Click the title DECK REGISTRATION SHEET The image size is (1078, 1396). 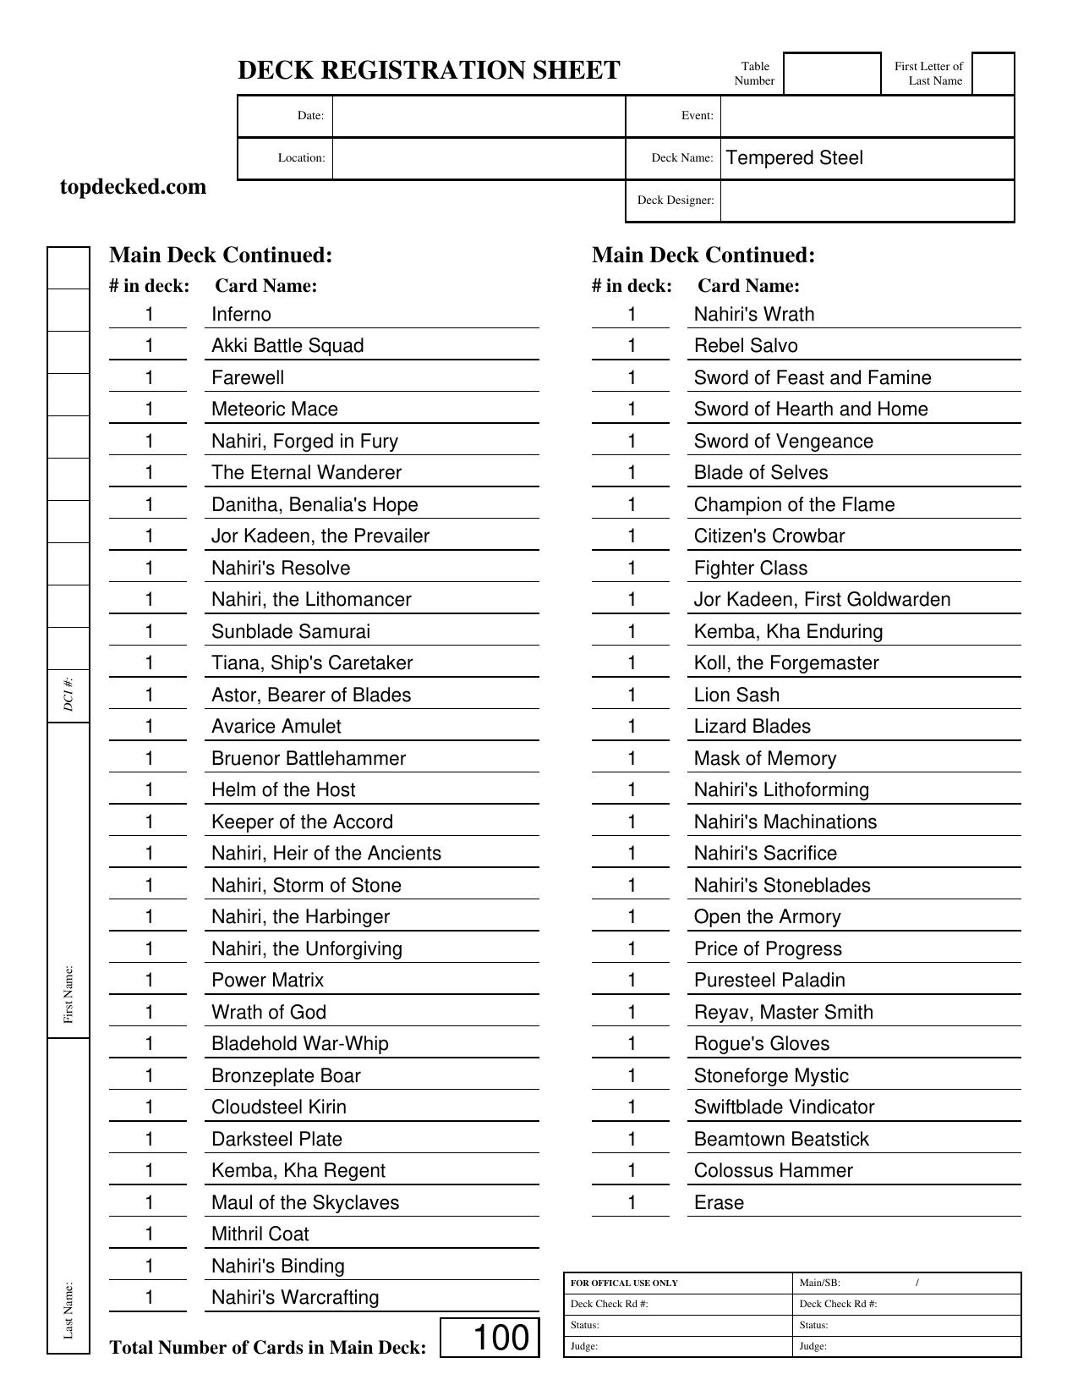[x=429, y=70]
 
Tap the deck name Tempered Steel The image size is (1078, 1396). [x=794, y=158]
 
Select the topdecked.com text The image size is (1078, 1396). [x=133, y=187]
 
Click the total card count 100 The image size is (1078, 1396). [x=501, y=1338]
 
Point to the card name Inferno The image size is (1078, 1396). [x=241, y=315]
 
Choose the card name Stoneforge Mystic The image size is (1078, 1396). [x=771, y=1076]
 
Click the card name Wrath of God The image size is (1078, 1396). [x=268, y=1013]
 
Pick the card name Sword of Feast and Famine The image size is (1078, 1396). [x=812, y=378]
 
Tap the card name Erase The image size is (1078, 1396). [x=719, y=1203]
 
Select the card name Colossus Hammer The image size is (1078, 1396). [x=773, y=1171]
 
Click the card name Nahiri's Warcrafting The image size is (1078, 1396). [x=295, y=1298]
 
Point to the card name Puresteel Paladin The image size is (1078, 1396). [x=769, y=981]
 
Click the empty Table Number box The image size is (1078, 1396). [x=832, y=74]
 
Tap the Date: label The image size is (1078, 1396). [x=310, y=116]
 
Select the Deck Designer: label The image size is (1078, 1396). [x=675, y=201]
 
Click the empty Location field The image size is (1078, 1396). [x=479, y=158]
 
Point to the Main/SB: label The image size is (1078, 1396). [x=819, y=1283]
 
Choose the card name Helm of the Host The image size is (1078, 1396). [x=283, y=790]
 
